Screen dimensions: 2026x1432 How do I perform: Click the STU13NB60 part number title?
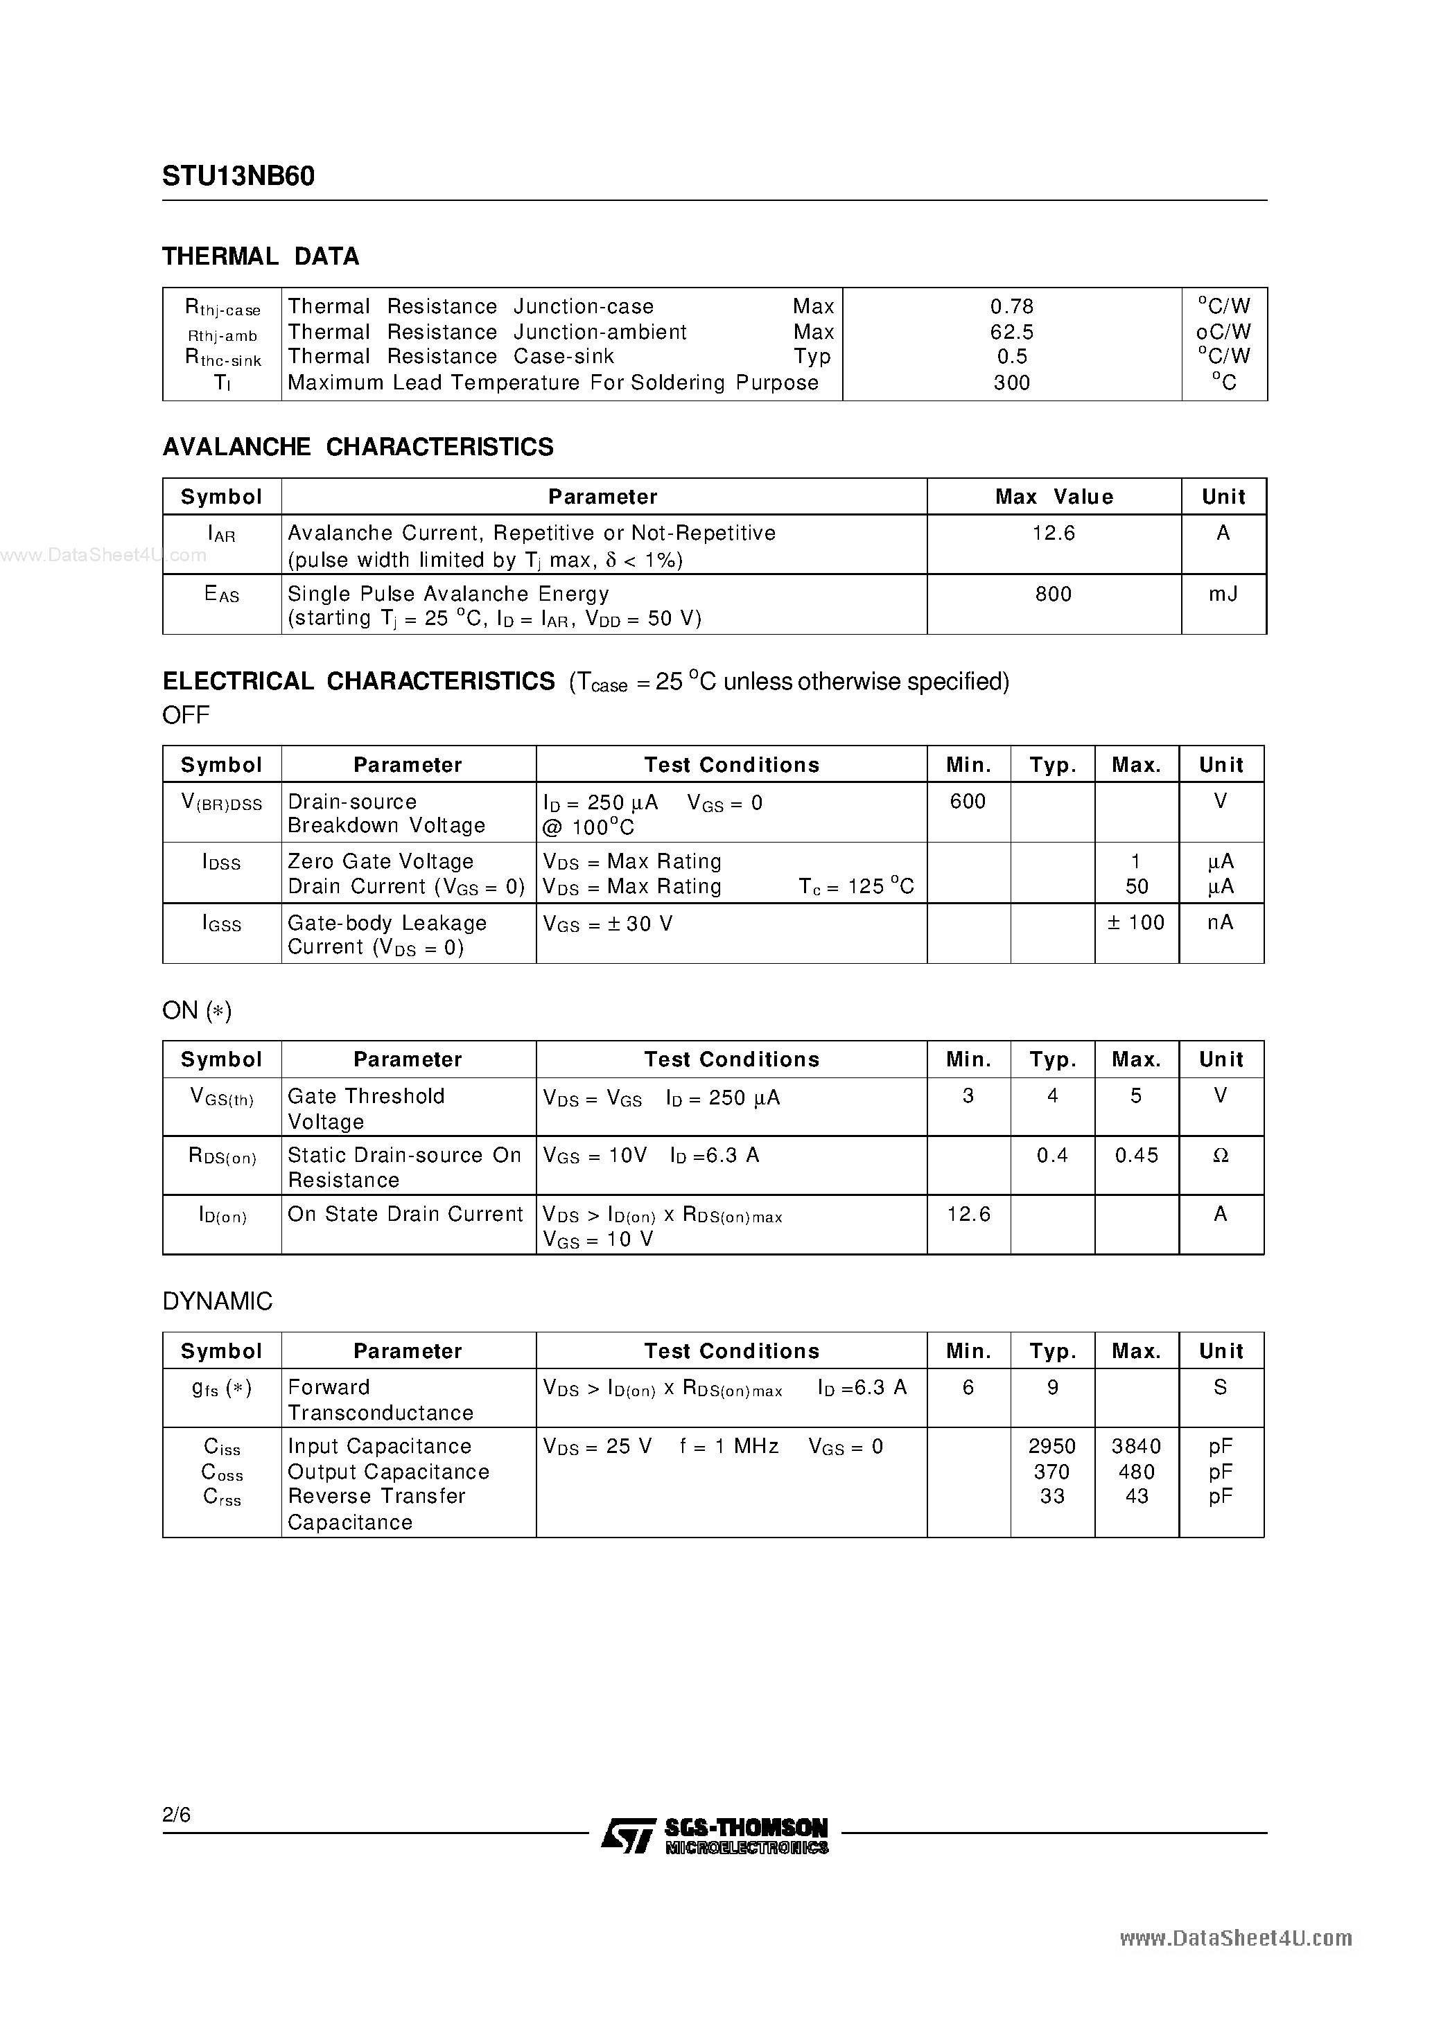[238, 177]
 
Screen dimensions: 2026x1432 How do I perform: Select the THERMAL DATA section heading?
[261, 257]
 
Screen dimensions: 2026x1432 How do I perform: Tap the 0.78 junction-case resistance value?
[1012, 306]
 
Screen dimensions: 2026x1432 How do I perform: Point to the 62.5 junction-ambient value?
[1012, 332]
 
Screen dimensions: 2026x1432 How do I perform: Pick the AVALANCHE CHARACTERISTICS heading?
[358, 448]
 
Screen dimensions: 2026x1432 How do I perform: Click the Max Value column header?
[1054, 497]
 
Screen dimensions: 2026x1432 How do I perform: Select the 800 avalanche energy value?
[1054, 594]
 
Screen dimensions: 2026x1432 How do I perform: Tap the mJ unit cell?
[1223, 594]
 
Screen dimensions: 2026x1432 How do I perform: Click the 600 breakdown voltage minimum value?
[968, 801]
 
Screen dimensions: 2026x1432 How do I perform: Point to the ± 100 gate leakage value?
[1136, 922]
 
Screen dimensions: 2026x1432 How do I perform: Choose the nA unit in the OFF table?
[1220, 922]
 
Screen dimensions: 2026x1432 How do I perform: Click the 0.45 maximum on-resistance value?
[1136, 1155]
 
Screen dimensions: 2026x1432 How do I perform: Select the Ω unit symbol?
[1220, 1156]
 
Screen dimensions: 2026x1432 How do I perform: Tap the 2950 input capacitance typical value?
[1052, 1446]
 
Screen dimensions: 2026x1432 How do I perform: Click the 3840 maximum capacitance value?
[1136, 1446]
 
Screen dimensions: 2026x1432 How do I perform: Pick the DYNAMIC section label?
[217, 1301]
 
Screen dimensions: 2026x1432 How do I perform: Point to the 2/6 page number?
[177, 1814]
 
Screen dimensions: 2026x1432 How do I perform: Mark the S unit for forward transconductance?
[1220, 1387]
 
